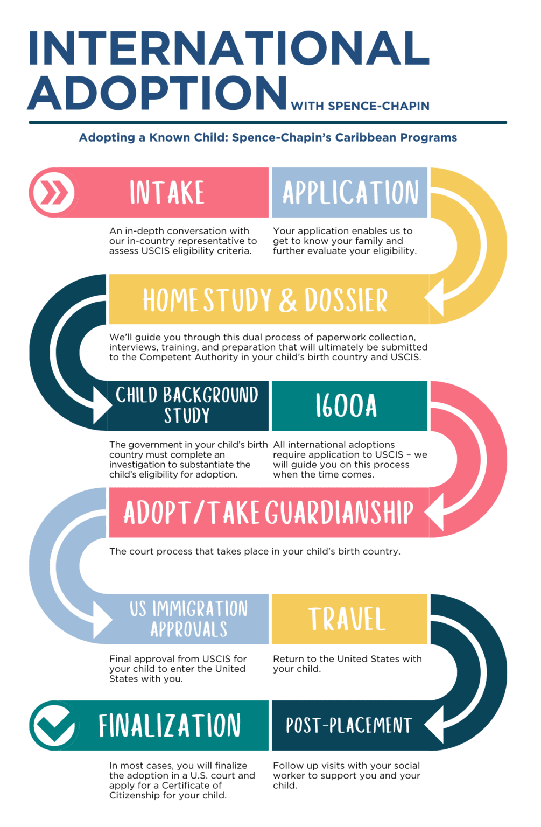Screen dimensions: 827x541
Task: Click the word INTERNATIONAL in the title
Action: (229, 48)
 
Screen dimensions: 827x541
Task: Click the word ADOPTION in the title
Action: (158, 93)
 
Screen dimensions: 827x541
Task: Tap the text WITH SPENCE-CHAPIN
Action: (360, 106)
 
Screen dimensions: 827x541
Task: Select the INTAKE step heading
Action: (167, 193)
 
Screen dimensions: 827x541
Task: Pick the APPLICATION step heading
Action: (350, 193)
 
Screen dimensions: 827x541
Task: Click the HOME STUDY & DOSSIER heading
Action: (265, 300)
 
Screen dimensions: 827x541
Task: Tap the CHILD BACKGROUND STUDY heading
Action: (187, 405)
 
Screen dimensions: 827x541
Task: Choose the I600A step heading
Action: (346, 406)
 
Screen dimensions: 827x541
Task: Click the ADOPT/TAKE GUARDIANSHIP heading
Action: (268, 513)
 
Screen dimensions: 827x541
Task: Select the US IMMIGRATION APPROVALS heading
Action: (188, 619)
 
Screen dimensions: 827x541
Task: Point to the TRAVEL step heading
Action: (347, 619)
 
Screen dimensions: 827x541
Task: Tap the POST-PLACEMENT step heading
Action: (348, 725)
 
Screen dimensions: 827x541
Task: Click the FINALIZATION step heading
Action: (170, 725)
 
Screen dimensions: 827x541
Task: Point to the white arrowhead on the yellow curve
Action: (434, 298)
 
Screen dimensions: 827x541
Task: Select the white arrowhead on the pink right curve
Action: (434, 512)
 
